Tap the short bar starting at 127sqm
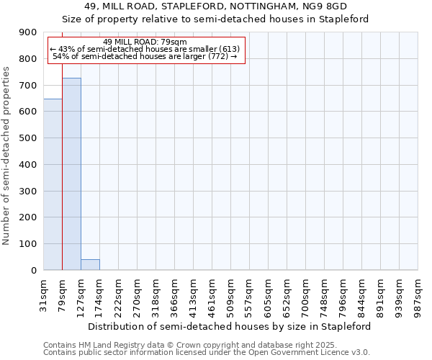(x=90, y=264)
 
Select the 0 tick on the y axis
(x=33, y=271)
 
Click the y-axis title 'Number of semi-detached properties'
(x=7, y=156)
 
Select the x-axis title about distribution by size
(x=230, y=326)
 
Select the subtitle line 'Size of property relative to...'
(x=215, y=19)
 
